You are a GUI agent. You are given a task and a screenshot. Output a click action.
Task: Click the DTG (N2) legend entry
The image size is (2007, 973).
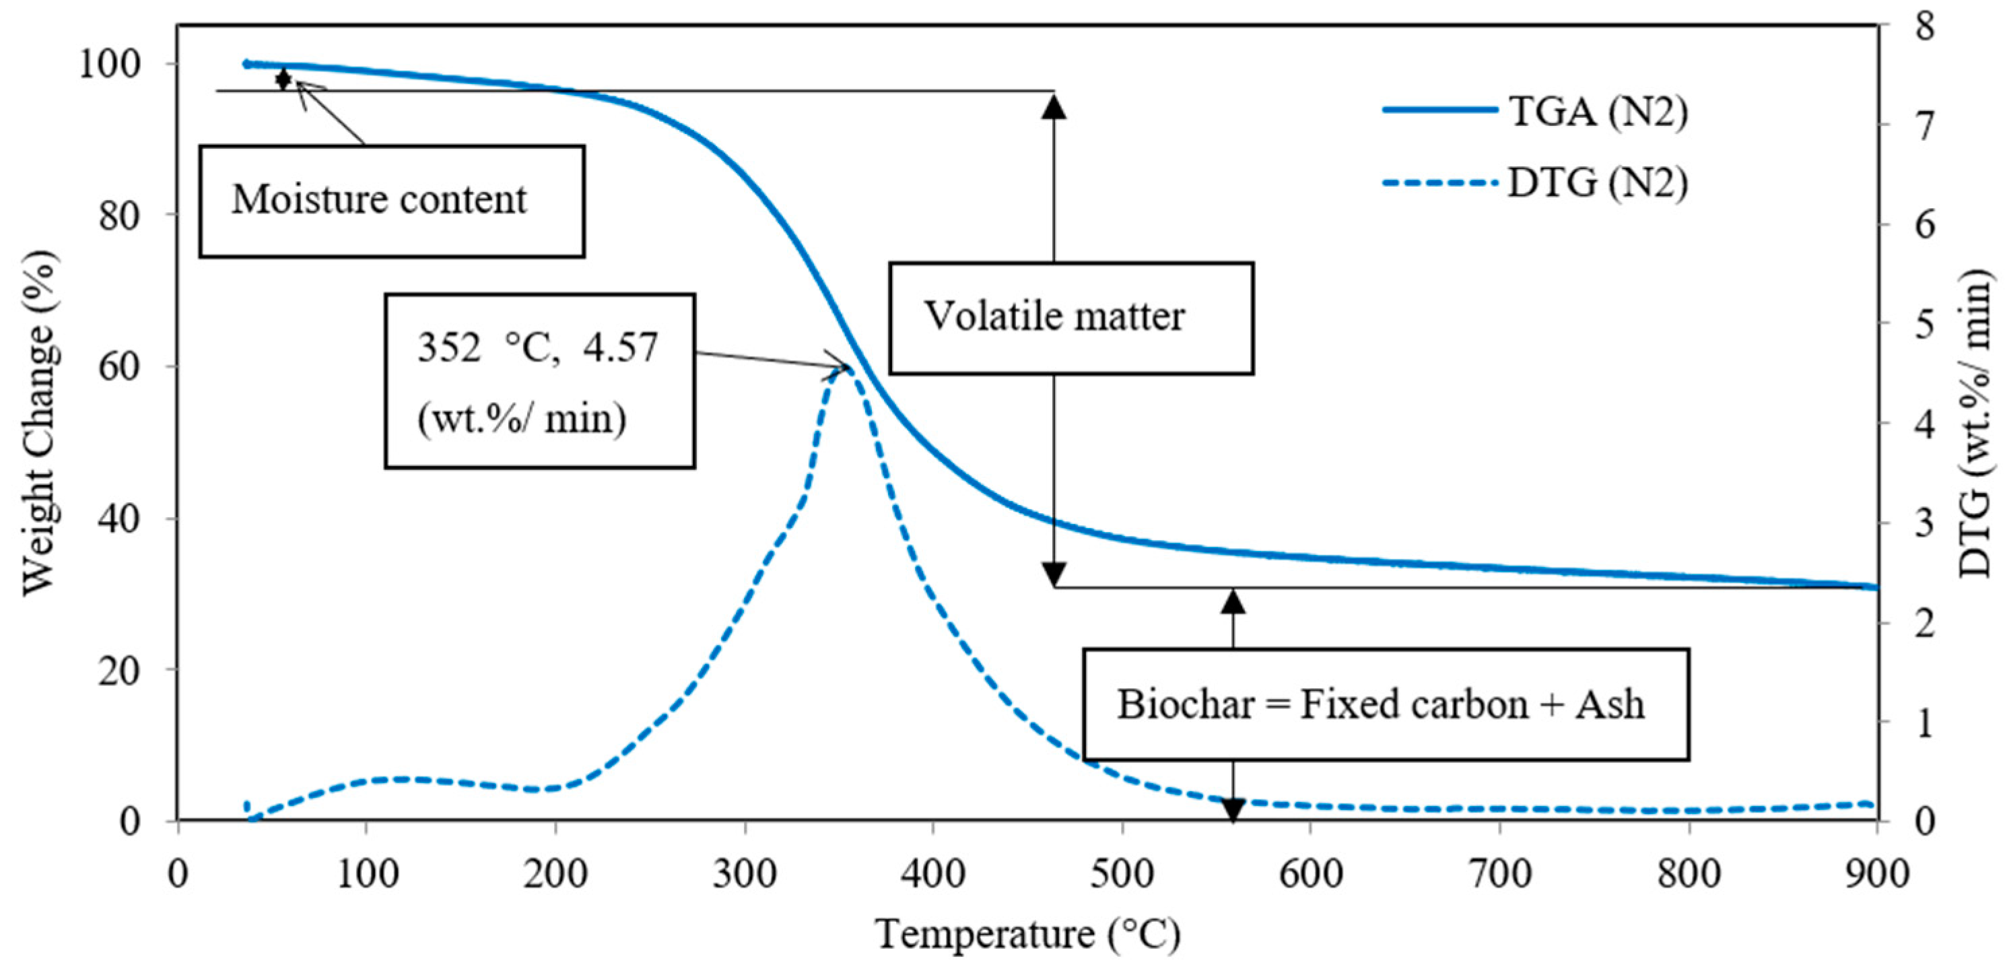pyautogui.click(x=1535, y=184)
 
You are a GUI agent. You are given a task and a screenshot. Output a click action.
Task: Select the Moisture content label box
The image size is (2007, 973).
pyautogui.click(x=391, y=200)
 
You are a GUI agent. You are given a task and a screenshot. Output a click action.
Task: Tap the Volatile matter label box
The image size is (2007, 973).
pyautogui.click(x=1070, y=317)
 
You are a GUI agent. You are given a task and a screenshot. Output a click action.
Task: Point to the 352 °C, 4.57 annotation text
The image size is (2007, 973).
pyautogui.click(x=537, y=347)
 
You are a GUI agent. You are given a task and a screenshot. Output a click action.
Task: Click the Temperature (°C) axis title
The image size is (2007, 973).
pyautogui.click(x=1027, y=933)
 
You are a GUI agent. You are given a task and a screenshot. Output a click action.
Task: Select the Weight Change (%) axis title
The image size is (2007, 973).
pyautogui.click(x=39, y=423)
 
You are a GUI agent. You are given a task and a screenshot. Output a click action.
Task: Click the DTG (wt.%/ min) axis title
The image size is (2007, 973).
pyautogui.click(x=1975, y=423)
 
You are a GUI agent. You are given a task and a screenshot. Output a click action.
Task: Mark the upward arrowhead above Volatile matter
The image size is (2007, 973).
pyautogui.click(x=1054, y=106)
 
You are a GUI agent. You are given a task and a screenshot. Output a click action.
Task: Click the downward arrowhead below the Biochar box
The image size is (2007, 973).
pyautogui.click(x=1233, y=810)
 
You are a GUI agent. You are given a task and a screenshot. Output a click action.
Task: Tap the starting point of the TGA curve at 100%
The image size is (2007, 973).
pyautogui.click(x=247, y=64)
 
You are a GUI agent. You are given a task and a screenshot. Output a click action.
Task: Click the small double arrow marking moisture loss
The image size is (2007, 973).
pyautogui.click(x=283, y=79)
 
